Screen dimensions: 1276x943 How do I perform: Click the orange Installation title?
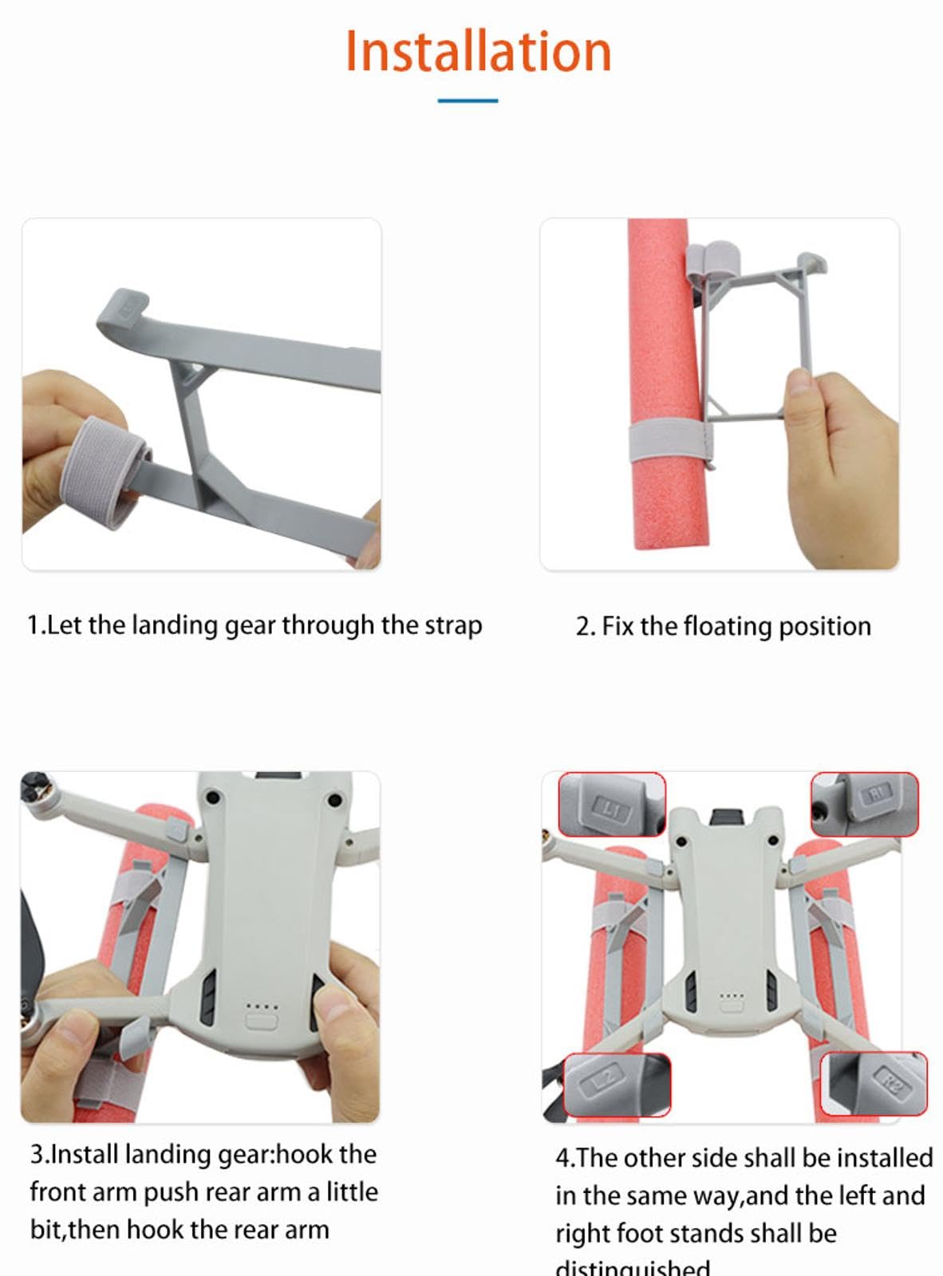click(x=478, y=52)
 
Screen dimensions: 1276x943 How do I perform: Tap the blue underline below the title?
click(x=468, y=100)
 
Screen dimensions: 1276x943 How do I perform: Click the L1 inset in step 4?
click(x=611, y=804)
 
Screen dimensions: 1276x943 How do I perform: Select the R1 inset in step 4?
click(x=865, y=804)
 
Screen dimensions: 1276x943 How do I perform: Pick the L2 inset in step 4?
click(x=617, y=1085)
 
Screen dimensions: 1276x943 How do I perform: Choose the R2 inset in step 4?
click(x=874, y=1083)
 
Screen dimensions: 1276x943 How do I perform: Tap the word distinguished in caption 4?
click(x=632, y=1267)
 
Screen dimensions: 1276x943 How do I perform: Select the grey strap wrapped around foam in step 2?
click(x=669, y=441)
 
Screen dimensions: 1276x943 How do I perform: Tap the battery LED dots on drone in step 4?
click(x=732, y=996)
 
